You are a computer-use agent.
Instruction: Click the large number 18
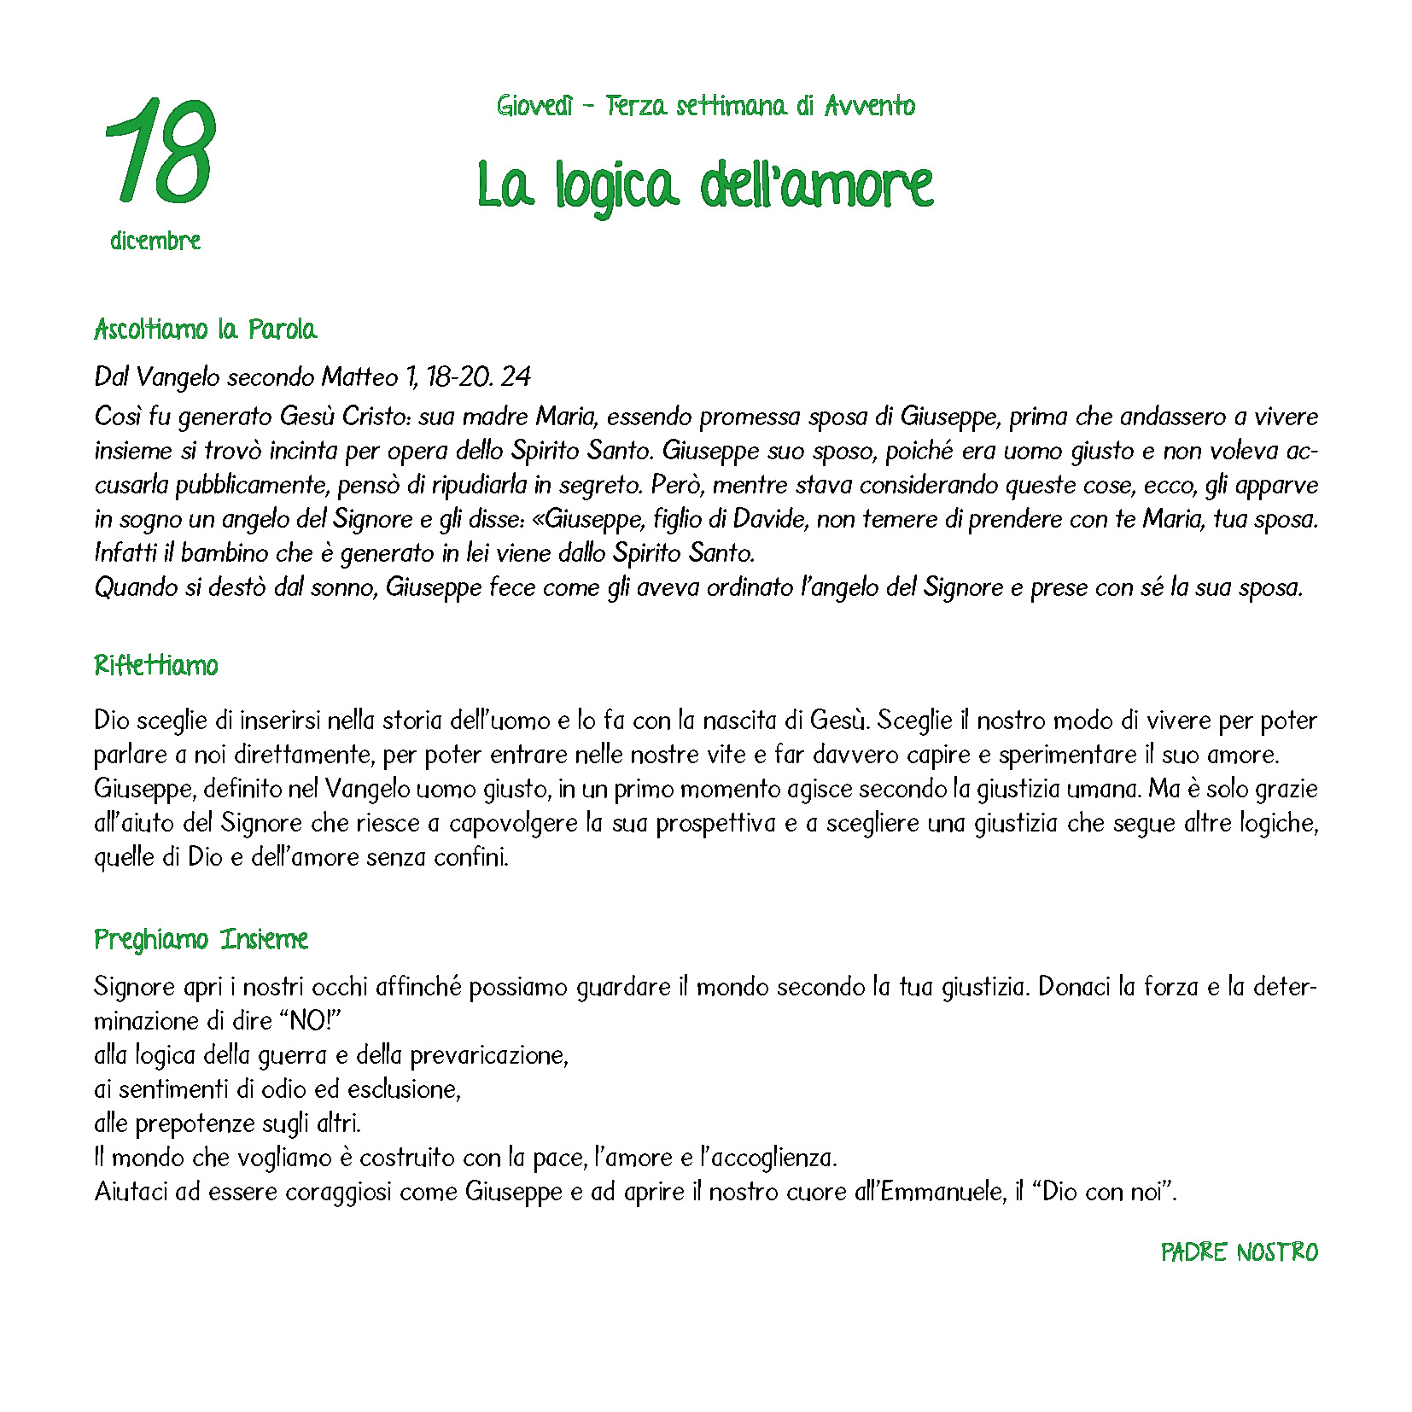pos(160,151)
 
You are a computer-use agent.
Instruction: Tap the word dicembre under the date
pos(155,241)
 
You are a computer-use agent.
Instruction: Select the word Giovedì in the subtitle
pos(534,106)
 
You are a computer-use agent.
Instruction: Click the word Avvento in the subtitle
pos(870,106)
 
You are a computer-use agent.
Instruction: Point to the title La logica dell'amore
pos(705,185)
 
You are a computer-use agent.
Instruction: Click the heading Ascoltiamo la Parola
pos(205,330)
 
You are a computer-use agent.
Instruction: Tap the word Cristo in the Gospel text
pos(373,417)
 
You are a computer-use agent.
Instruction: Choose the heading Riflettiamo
pos(156,665)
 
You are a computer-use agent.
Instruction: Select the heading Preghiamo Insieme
pos(201,939)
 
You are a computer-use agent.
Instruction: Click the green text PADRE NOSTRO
pos(1239,1252)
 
